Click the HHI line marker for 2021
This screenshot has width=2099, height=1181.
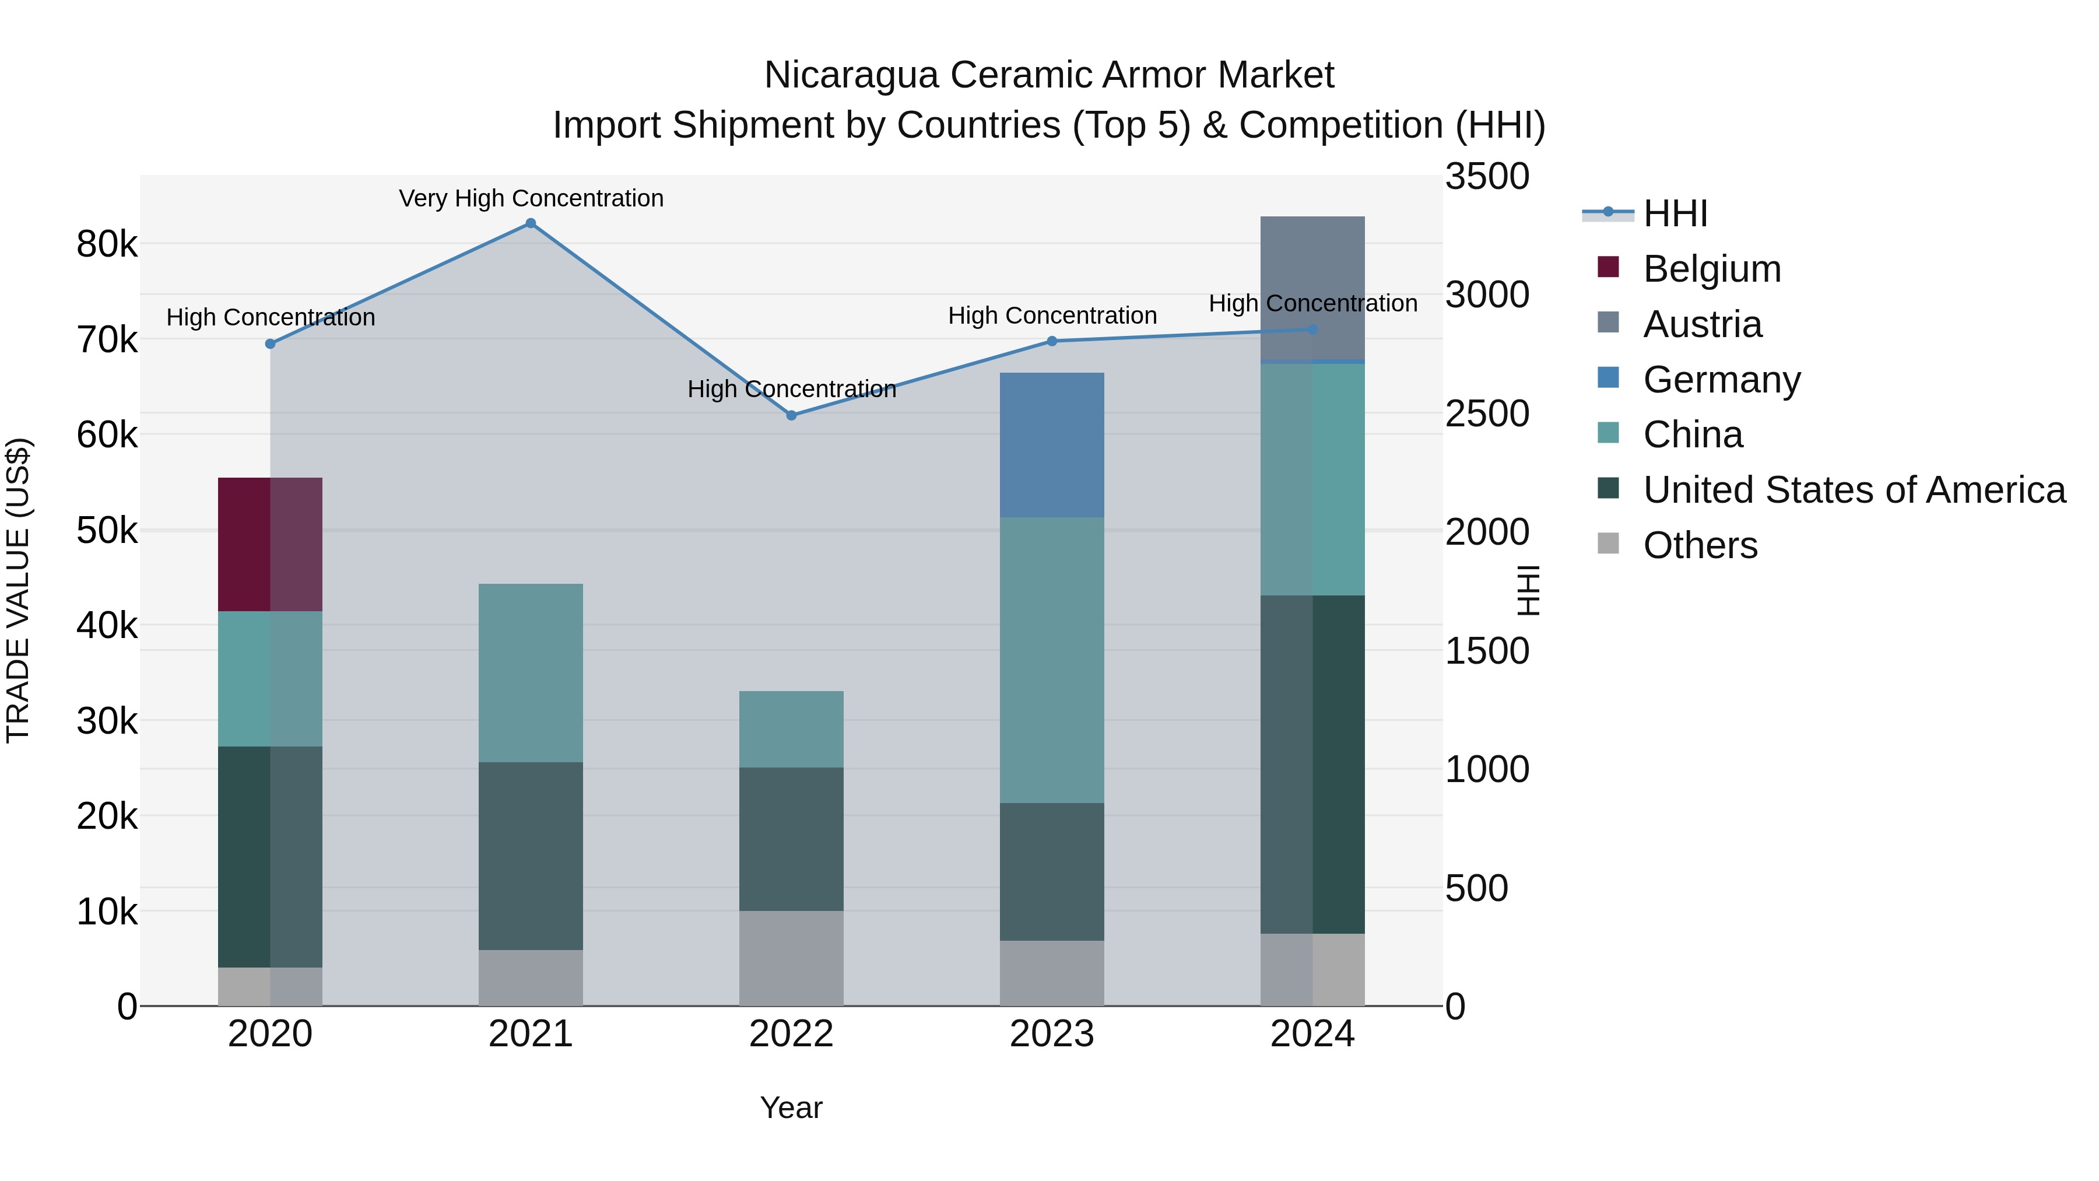531,223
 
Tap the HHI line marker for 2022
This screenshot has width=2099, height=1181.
791,416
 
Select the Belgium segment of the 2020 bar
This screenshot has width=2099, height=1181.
270,545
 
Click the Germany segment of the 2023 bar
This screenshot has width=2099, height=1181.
1051,445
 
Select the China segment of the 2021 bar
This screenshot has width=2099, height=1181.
531,673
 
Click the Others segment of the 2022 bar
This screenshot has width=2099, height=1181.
791,958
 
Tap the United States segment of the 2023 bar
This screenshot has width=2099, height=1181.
1051,872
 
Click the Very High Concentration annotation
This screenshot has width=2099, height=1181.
531,199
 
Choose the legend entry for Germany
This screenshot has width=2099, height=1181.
1721,380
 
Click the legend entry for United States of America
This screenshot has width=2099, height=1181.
1854,490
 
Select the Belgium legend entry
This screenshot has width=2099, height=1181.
1711,269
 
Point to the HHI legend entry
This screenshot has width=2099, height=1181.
1675,213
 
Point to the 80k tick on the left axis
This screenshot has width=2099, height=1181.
107,244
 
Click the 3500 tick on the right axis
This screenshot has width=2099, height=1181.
1487,177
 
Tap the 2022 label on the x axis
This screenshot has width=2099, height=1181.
791,1034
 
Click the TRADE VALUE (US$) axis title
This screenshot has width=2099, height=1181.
18,590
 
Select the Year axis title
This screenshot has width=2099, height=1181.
791,1108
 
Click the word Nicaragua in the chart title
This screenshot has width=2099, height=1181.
851,76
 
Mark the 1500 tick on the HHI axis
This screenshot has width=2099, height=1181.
1487,651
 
